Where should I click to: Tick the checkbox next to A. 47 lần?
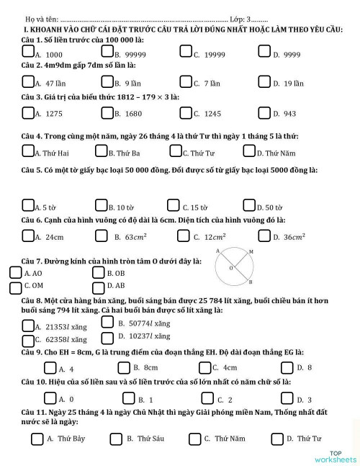[29, 81]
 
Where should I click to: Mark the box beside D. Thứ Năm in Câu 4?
[250, 151]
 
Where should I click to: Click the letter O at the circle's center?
[230, 268]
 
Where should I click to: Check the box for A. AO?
[16, 273]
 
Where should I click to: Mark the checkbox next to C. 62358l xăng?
[29, 337]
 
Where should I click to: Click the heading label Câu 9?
[34, 352]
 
